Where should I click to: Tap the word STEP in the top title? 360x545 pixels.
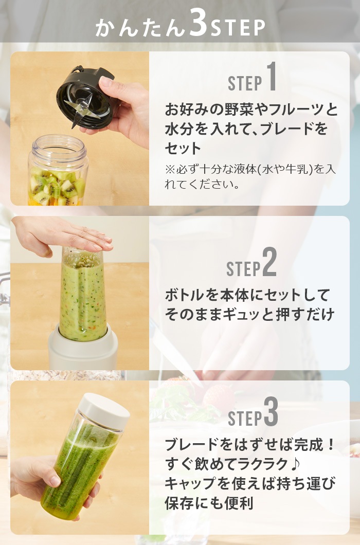point(238,28)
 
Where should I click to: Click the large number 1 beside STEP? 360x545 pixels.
point(272,77)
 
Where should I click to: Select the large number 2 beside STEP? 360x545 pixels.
point(269,262)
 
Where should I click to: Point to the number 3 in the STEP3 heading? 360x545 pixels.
point(271,411)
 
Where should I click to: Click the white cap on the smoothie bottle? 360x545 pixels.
point(104,411)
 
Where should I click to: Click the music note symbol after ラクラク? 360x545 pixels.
point(294,464)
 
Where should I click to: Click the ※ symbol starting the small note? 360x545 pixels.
point(170,169)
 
